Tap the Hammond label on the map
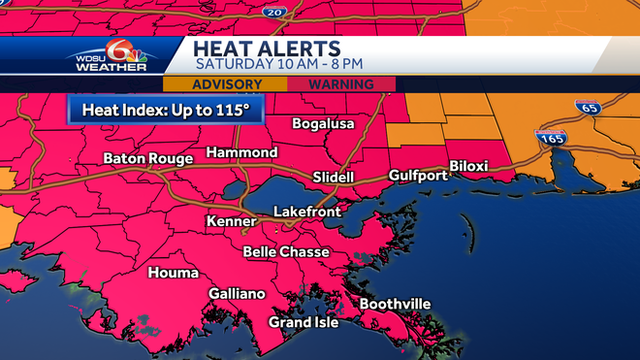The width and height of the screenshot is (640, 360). point(241,152)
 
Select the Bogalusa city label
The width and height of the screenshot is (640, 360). point(324,124)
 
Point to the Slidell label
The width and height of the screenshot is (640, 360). point(334,178)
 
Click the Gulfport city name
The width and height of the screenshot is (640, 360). point(418,176)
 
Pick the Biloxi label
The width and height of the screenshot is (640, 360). point(473,165)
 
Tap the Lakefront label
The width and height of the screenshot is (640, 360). point(305,211)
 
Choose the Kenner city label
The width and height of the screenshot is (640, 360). point(231,222)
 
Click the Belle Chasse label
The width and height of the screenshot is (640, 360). point(286,251)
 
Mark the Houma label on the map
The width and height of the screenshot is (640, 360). point(173,273)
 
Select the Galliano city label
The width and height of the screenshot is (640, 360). point(237,293)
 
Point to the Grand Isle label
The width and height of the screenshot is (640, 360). point(304,322)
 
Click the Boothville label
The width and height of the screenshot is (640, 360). point(395,304)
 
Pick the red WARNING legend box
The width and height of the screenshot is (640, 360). point(340,84)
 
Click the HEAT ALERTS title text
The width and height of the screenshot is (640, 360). point(267,49)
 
